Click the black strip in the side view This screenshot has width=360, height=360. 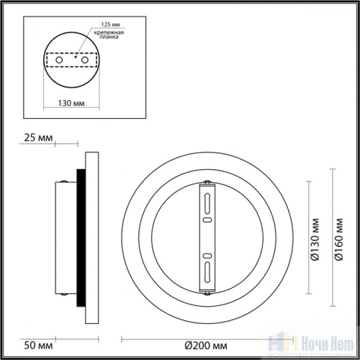click(x=82, y=237)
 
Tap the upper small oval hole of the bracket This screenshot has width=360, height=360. click(x=207, y=217)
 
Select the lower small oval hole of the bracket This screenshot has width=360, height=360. click(x=207, y=256)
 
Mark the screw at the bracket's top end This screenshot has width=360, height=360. click(x=207, y=181)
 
